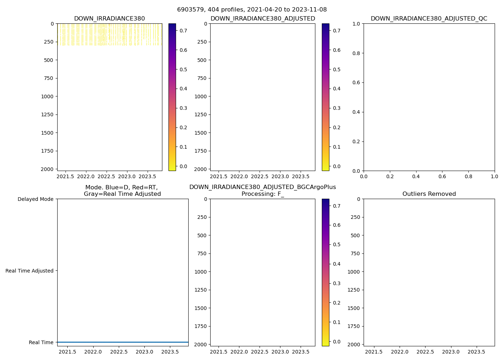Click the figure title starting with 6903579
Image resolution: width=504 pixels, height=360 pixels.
coord(252,10)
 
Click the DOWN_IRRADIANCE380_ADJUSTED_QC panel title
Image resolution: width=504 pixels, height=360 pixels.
coord(429,19)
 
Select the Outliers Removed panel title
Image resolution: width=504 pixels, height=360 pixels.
coord(429,194)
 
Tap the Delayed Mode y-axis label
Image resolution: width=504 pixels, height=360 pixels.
coord(35,199)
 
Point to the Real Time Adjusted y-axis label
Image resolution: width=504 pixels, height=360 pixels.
coord(29,271)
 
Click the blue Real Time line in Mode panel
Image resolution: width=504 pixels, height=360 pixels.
coord(122,342)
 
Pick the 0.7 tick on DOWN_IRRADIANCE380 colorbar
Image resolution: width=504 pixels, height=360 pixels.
coord(183,31)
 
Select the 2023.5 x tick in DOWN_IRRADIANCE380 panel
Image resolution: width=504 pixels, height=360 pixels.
coord(147,176)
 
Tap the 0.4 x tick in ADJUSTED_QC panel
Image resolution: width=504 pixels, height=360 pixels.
coord(416,176)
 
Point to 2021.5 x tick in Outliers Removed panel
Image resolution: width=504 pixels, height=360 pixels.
coord(374,352)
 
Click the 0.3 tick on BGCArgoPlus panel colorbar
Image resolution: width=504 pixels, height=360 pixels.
coord(337,283)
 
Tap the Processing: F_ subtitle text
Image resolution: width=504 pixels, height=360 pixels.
coord(262,194)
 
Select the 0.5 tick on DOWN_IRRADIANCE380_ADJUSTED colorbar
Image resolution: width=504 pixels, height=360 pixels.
coord(337,69)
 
